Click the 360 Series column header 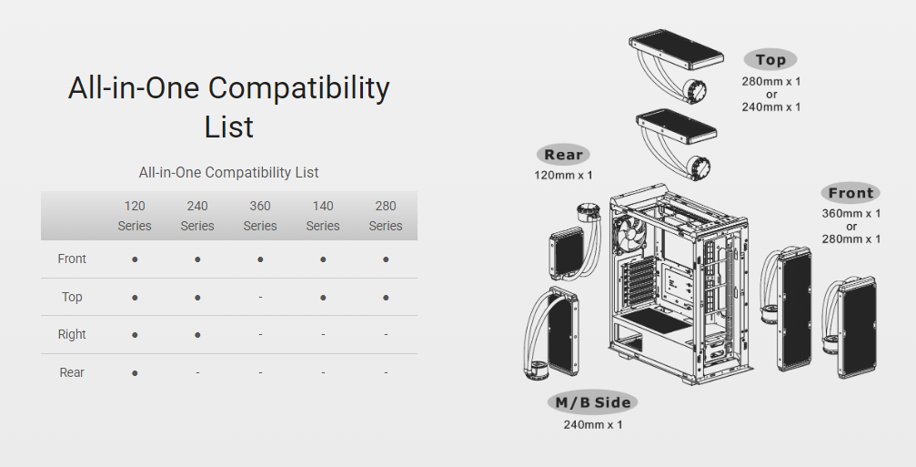pos(260,216)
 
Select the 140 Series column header pos(323,216)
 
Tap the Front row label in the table pos(72,259)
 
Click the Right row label pos(72,334)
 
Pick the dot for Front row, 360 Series pos(260,259)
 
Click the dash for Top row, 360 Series pos(260,298)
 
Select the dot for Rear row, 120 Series pos(135,373)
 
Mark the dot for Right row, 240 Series pos(197,335)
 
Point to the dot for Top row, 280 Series pos(386,298)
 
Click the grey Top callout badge pos(770,59)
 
